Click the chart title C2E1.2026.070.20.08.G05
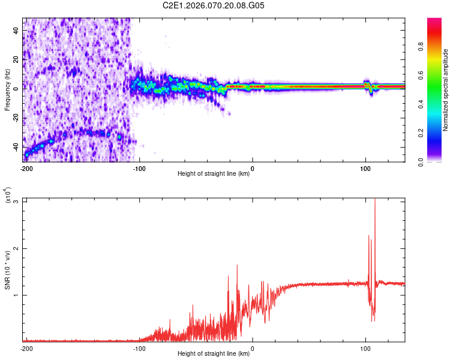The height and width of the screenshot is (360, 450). tap(214, 5)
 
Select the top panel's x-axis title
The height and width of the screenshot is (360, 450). tap(214, 174)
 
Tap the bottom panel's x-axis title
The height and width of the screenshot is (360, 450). tap(214, 354)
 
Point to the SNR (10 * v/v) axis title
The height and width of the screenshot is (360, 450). tap(7, 269)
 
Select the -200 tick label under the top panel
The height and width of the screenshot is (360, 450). tap(26, 168)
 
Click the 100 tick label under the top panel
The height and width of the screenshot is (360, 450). tap(365, 168)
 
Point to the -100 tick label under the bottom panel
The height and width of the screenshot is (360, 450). tap(139, 348)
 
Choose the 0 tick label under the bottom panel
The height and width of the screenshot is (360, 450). tap(253, 348)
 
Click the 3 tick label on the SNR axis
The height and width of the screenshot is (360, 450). tap(18, 202)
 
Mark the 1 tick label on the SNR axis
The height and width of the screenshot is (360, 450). tap(18, 295)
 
